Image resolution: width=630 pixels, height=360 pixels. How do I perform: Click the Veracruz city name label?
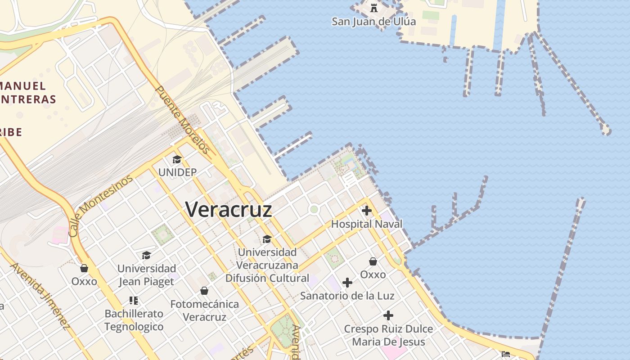point(229,210)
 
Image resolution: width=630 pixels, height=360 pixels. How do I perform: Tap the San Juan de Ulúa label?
point(373,21)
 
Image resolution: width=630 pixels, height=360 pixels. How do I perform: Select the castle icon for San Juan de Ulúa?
point(373,8)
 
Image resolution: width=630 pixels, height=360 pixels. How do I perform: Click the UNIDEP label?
point(177,172)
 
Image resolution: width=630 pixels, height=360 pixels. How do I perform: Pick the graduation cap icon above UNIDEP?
point(177,160)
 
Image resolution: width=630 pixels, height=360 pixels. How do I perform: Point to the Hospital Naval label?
point(367,224)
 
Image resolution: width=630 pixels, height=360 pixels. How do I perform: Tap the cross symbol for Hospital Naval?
point(367,210)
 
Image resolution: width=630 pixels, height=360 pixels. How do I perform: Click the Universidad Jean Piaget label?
point(146,275)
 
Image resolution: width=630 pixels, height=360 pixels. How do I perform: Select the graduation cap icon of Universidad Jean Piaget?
point(146,256)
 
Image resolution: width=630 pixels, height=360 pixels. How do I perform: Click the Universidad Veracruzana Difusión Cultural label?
point(267,265)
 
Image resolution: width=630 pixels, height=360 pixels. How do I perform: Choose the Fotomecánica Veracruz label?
point(204,310)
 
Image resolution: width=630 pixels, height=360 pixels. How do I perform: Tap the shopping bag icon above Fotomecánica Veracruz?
point(204,291)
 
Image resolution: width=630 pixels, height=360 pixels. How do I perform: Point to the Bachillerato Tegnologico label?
point(134,320)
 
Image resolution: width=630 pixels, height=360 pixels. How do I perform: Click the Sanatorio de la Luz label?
point(347,296)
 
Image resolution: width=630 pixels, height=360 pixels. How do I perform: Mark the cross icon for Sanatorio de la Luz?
point(347,283)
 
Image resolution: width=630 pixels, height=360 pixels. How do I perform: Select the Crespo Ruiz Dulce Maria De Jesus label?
point(388,335)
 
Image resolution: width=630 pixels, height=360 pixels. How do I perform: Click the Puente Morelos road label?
point(183,120)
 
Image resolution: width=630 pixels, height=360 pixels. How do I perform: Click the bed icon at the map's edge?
point(506,354)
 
